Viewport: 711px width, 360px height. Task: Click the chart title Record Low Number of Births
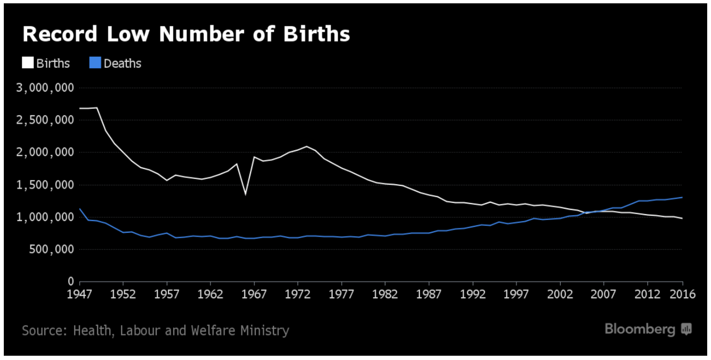pos(186,35)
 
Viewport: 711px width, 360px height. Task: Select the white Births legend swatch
pos(28,63)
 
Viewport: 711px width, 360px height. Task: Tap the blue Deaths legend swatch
pos(95,63)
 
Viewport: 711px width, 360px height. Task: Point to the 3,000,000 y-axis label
pos(45,88)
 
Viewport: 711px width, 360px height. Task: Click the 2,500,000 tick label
pos(45,121)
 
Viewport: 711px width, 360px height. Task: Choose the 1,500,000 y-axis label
pos(45,185)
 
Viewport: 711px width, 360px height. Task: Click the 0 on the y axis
pos(70,282)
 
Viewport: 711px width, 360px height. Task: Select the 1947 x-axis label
pos(80,294)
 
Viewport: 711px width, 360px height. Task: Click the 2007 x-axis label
pos(604,294)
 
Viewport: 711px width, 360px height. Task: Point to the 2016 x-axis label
pos(682,294)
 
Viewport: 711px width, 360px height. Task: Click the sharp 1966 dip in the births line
pos(246,194)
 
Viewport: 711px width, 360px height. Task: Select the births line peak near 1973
pos(307,146)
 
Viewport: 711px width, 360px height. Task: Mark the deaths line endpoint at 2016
pos(682,197)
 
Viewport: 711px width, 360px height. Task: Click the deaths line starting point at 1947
pos(80,208)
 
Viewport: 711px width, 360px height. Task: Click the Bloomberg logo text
pos(640,329)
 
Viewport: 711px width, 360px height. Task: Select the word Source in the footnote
pos(42,330)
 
